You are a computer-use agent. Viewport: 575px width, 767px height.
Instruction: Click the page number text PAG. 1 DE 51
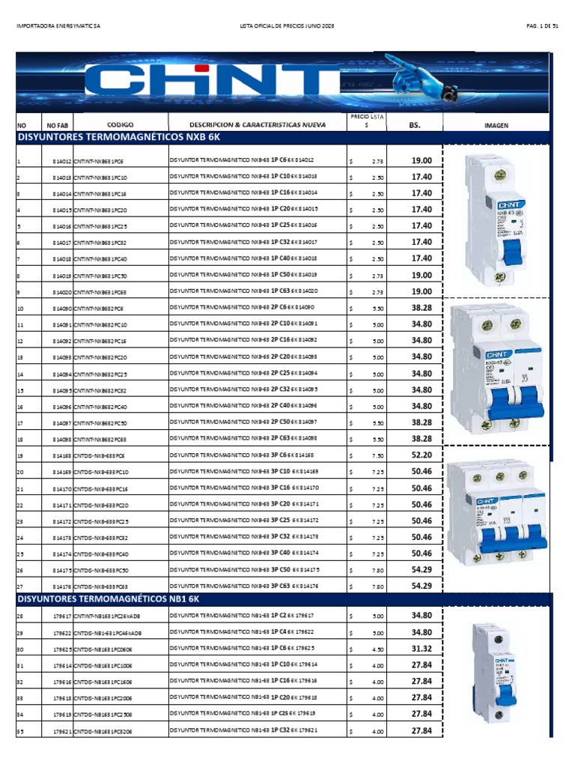coord(542,26)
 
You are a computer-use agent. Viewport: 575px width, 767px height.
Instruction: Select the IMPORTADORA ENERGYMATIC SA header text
coord(58,26)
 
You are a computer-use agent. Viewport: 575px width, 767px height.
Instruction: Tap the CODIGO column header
coord(119,125)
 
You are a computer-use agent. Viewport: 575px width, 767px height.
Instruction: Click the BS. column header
coord(415,126)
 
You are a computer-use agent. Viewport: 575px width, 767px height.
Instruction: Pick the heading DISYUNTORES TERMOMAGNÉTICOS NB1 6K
coord(109,600)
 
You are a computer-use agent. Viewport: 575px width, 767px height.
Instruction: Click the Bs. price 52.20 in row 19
coord(422,455)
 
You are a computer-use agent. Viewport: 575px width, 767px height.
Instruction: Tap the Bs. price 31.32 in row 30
coord(422,649)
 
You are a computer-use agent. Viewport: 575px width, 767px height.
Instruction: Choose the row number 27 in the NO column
coord(20,586)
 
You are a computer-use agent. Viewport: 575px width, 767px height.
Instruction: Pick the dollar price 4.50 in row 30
coord(378,649)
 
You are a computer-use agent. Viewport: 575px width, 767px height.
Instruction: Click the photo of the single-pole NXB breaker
coord(492,220)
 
